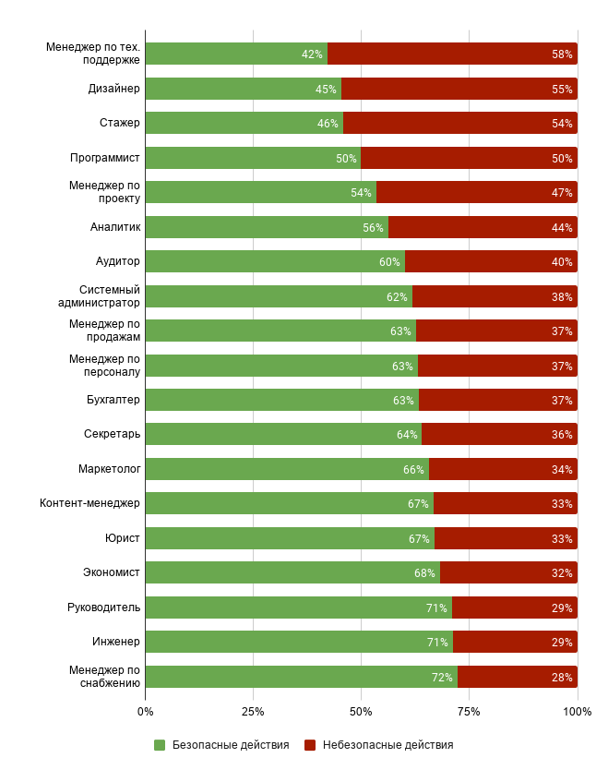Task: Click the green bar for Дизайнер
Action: point(243,89)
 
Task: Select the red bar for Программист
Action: point(469,158)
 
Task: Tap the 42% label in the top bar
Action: point(312,54)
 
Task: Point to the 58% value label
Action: point(562,54)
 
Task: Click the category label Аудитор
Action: point(118,261)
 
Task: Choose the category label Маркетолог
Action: point(109,469)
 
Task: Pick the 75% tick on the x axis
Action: point(469,712)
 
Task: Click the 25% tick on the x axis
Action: point(253,712)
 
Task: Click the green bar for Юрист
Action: point(289,538)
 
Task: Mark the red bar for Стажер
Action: point(459,123)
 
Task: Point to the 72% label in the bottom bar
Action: point(442,678)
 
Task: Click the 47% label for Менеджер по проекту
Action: point(562,193)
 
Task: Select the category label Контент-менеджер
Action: point(89,503)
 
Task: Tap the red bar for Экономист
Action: point(508,572)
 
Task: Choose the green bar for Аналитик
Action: point(267,227)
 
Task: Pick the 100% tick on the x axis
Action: point(578,712)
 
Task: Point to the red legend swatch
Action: point(310,745)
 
